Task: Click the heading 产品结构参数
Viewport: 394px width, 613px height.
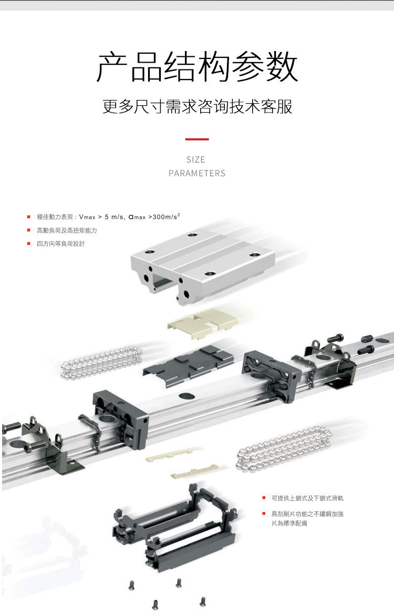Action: [197, 67]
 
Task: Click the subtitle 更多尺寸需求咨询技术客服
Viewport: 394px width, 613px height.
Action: [197, 106]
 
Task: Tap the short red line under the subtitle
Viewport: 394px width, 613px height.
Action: [197, 139]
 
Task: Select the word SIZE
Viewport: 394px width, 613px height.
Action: [195, 159]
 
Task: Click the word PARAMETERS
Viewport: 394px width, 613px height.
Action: [197, 173]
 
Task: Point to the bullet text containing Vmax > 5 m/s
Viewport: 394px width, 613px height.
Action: [108, 217]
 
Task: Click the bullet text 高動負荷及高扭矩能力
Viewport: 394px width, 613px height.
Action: [67, 230]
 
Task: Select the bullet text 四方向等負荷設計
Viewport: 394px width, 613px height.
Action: [60, 244]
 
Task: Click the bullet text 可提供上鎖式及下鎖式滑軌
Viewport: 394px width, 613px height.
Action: [307, 498]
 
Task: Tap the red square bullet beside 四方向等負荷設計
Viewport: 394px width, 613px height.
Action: [28, 244]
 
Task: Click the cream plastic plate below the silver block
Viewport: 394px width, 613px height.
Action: [203, 323]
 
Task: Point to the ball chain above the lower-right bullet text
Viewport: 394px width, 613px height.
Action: [284, 448]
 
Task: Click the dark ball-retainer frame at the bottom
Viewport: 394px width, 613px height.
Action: [175, 527]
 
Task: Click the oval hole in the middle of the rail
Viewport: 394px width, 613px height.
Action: [186, 396]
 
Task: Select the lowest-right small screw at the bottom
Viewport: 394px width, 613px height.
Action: [203, 601]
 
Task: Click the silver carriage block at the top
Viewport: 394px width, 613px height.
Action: [203, 266]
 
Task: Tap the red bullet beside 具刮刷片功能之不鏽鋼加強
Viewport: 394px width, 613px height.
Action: [264, 514]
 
